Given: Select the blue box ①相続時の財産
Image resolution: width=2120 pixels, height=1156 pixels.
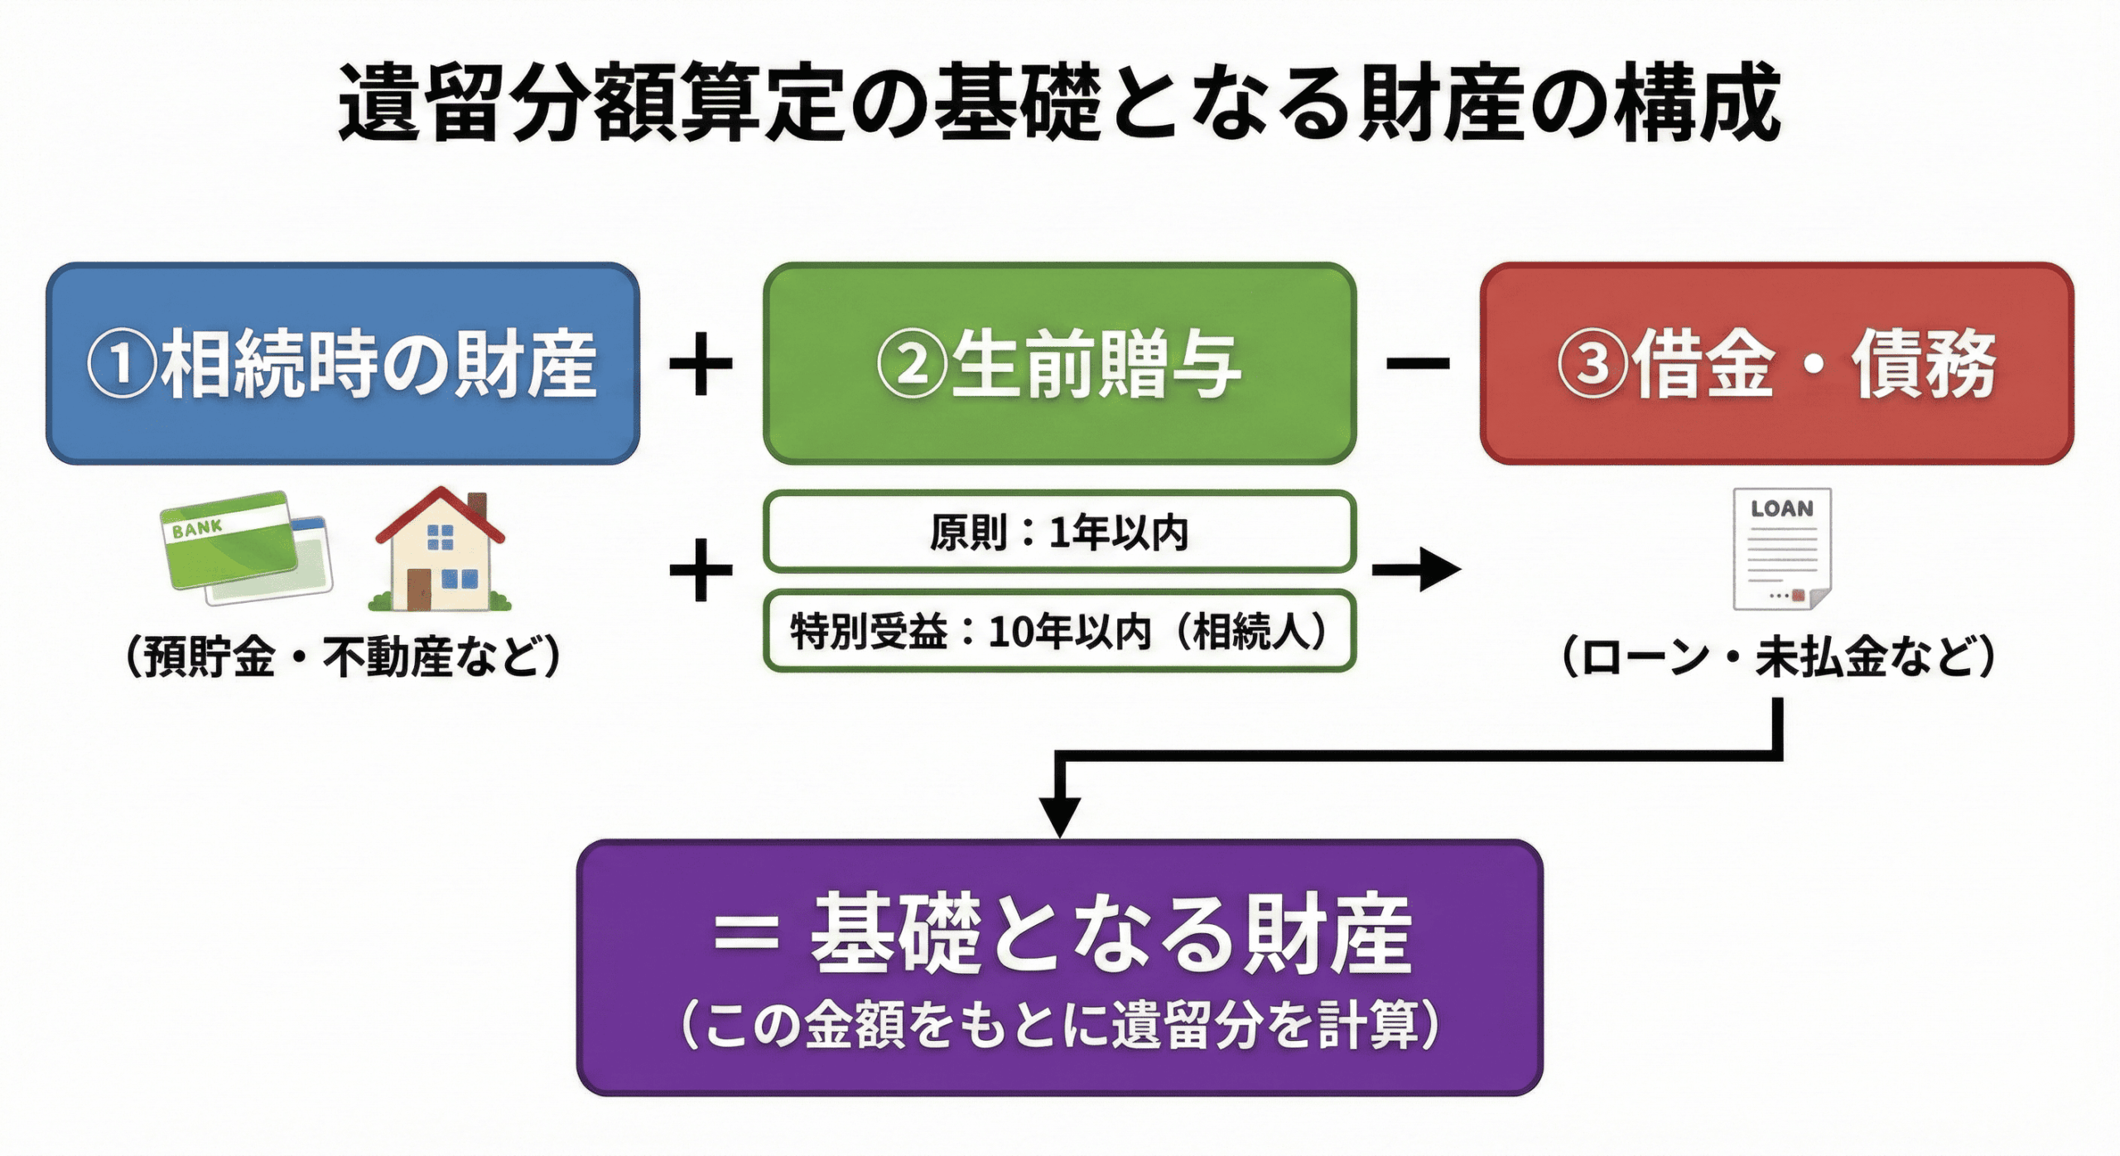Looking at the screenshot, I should click(342, 364).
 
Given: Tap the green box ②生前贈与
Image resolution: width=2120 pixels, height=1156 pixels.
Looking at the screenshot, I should click(1059, 364).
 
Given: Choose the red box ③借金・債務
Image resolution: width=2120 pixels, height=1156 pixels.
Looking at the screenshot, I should click(1776, 364).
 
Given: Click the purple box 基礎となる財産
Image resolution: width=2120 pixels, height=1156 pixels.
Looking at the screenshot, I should click(1059, 967).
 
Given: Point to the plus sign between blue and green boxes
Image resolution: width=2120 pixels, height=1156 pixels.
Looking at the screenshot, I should click(701, 364).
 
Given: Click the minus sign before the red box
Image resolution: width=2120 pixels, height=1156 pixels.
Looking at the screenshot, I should click(1418, 364).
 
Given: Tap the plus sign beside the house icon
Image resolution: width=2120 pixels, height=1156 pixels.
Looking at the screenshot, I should click(701, 569).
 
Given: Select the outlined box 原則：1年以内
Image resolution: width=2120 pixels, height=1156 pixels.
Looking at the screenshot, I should click(1059, 532).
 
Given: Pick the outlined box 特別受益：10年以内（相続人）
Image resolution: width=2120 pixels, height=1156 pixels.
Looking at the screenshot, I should click(1059, 631).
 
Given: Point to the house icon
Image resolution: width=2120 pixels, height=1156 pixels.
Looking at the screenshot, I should click(441, 551).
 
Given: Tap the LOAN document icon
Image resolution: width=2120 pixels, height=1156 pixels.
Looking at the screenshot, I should click(1782, 548).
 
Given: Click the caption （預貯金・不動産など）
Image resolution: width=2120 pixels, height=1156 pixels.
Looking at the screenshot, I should click(342, 657).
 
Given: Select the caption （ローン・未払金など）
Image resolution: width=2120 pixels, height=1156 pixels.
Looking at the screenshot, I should click(1777, 657).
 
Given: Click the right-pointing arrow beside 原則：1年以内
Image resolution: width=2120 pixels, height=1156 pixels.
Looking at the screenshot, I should click(1416, 569).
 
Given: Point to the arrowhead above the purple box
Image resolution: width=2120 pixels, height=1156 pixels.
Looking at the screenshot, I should click(1059, 816).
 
